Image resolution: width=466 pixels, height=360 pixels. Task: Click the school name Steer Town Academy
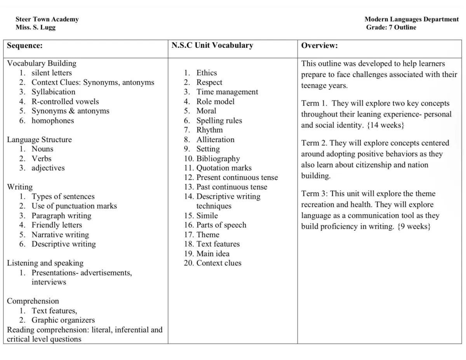coord(47,19)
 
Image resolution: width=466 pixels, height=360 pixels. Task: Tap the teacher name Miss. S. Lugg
coord(36,27)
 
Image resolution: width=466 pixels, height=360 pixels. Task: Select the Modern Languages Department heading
coord(412,19)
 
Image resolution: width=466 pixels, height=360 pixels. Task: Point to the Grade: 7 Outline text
coord(391,27)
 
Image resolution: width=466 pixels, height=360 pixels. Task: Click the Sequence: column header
coord(25,45)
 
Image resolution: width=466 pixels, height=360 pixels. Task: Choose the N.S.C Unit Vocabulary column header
coord(212,45)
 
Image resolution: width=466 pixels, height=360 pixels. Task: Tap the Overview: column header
coord(320,45)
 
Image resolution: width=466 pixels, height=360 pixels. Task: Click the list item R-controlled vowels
coord(65,101)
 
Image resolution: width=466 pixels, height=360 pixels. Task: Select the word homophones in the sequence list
coord(52,120)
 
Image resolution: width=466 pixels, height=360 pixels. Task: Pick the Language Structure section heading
coord(39,139)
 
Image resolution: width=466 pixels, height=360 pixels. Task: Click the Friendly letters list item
coord(57,225)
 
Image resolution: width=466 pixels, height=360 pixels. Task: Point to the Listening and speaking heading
coord(45,263)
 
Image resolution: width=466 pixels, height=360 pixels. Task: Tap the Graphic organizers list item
coord(63,320)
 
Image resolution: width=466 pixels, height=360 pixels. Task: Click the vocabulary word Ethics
coord(207,73)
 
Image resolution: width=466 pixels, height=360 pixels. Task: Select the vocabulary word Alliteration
coord(215,139)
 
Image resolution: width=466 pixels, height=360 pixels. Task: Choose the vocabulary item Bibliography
coord(218,158)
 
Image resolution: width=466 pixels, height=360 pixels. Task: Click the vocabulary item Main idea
coord(213,254)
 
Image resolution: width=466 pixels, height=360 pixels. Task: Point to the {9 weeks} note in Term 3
coord(413,226)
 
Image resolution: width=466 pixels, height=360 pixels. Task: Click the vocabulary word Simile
coord(207,216)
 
